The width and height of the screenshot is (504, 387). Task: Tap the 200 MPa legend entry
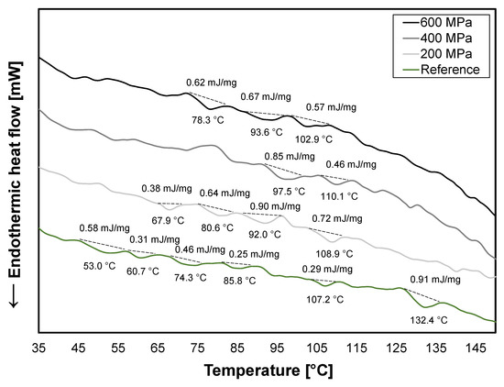pyautogui.click(x=445, y=52)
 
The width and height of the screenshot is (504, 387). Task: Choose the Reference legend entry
pyautogui.click(x=445, y=70)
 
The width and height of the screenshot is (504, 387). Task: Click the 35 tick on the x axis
pyautogui.click(x=38, y=348)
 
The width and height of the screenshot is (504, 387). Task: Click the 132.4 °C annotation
pyautogui.click(x=427, y=320)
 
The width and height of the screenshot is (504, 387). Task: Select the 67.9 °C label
pyautogui.click(x=166, y=220)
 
